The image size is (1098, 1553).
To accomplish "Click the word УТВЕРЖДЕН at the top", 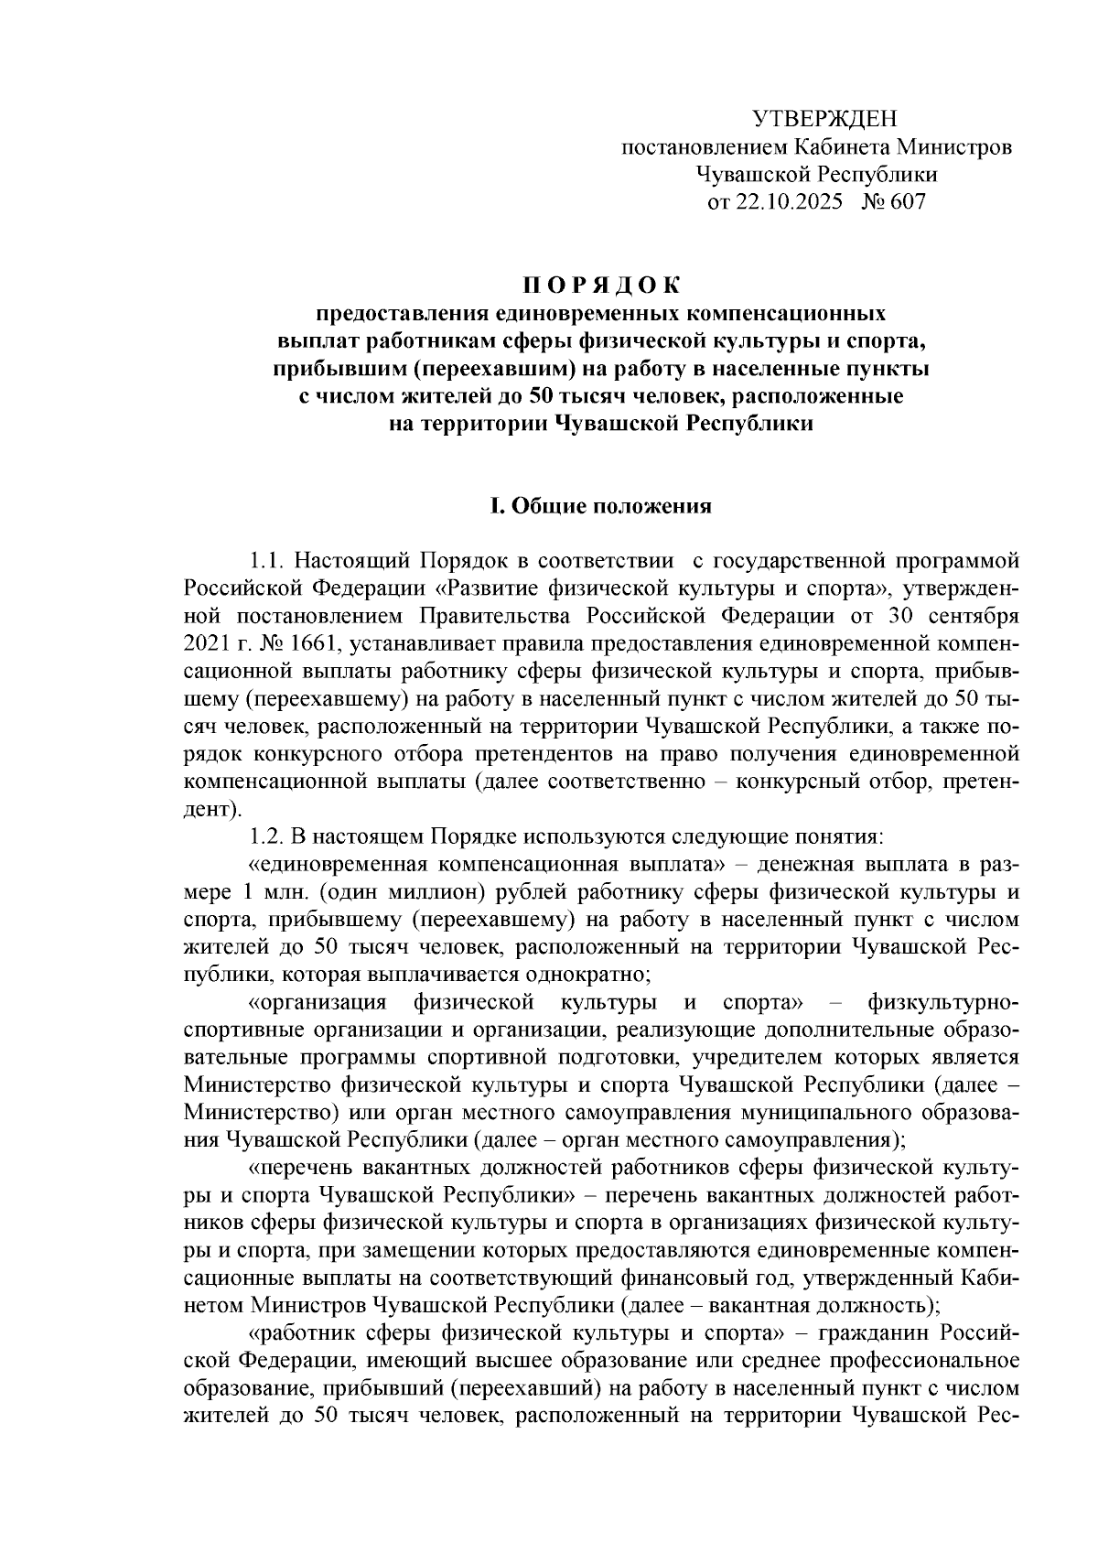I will (x=824, y=119).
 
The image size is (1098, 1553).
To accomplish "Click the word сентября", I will (x=970, y=615).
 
